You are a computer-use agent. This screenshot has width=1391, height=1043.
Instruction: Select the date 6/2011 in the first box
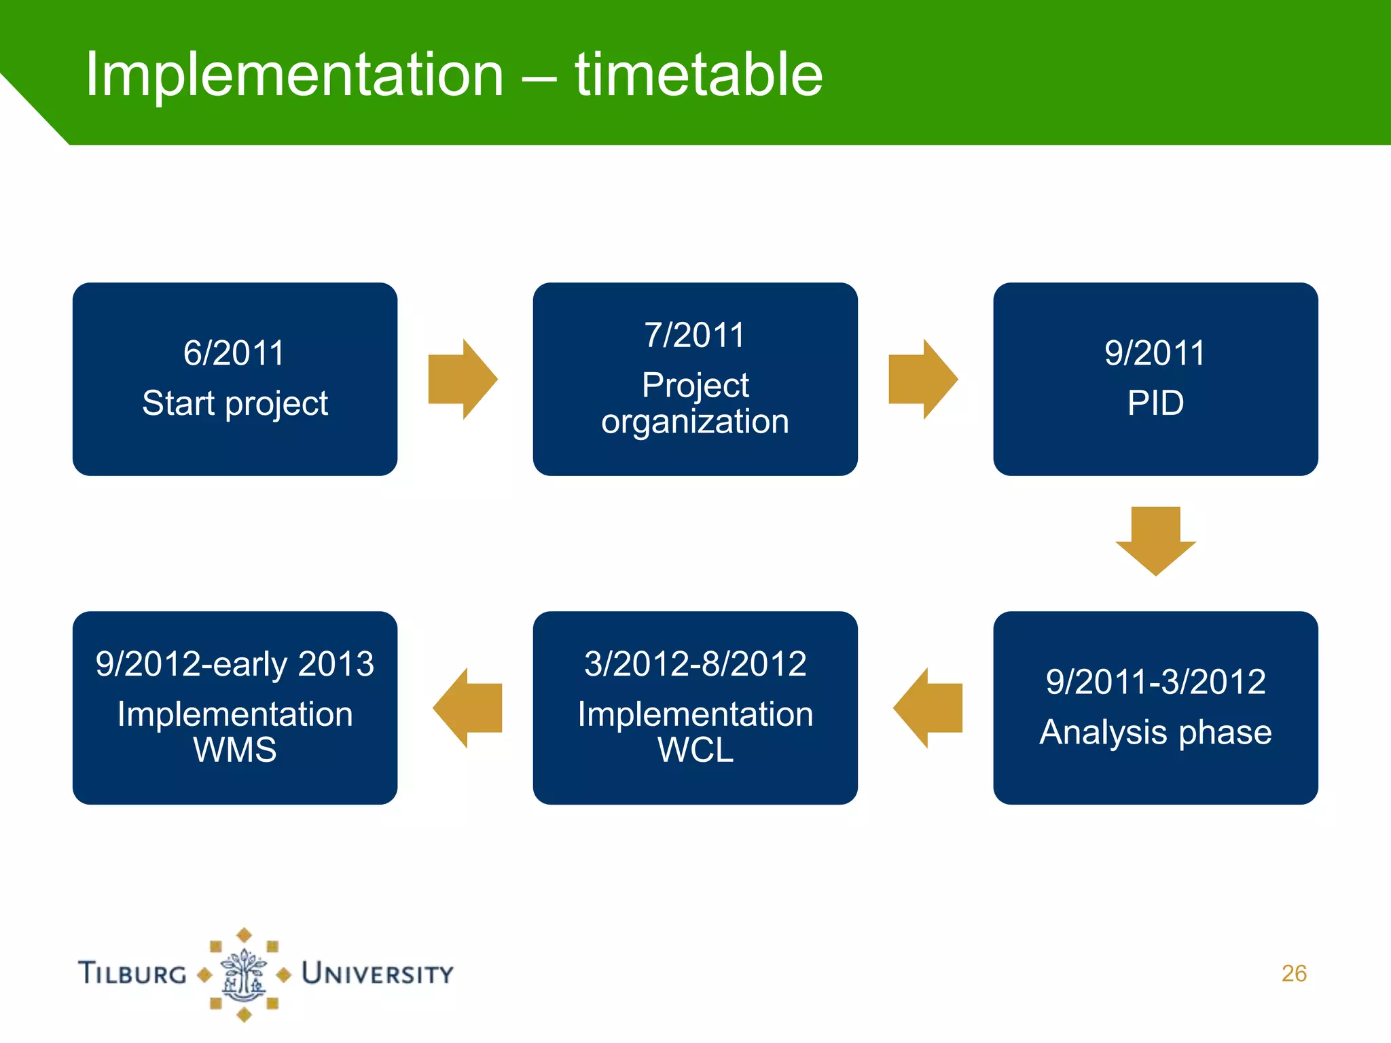234,353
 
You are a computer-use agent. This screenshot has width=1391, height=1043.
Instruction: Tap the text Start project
235,403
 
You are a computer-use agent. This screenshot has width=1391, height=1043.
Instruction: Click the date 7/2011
695,335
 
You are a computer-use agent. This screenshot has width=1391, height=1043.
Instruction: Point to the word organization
695,422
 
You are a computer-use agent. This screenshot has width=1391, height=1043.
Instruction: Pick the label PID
1155,403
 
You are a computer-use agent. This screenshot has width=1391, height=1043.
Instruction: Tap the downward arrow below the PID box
1155,541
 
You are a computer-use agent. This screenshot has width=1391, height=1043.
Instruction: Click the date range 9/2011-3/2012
1155,682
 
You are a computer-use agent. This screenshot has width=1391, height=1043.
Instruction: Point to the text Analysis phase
1155,732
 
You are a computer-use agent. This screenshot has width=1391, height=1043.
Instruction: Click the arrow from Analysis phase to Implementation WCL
928,708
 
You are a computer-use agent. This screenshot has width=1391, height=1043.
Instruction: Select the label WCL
695,750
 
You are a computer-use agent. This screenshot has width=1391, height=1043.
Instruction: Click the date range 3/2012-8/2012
695,664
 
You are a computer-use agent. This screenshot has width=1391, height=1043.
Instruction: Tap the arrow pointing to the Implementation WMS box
467,708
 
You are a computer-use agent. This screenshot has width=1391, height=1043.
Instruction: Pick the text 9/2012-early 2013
234,664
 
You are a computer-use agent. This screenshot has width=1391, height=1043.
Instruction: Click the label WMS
235,750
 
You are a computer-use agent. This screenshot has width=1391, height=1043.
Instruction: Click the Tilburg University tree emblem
244,975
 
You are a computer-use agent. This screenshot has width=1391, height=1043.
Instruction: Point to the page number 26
1294,974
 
